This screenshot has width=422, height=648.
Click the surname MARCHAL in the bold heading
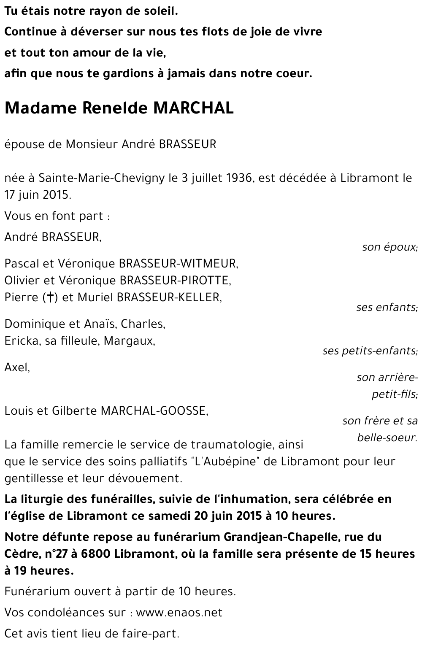[x=193, y=108]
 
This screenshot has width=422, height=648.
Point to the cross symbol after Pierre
[x=50, y=297]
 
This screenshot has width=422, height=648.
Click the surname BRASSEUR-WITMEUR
[x=179, y=264]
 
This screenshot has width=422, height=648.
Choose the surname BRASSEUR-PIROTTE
[x=175, y=281]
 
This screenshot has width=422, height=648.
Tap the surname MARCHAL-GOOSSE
[x=154, y=410]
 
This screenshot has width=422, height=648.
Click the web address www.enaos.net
[x=179, y=612]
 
